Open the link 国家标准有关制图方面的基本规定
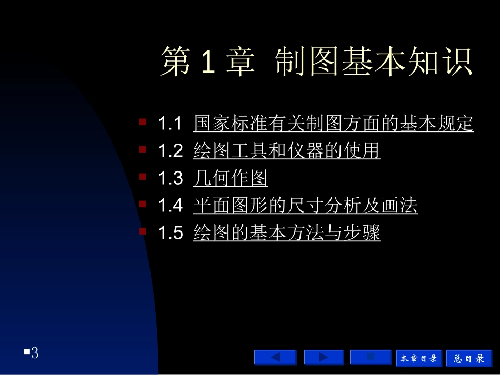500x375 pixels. coord(333,124)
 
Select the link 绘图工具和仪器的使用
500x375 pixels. coord(286,151)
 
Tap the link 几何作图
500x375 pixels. coord(230,179)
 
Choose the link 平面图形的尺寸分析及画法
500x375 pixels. coord(305,206)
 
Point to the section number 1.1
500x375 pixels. coord(170,125)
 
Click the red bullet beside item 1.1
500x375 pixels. coord(143,122)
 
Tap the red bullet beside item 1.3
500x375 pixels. coord(143,177)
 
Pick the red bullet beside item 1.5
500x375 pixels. coord(143,231)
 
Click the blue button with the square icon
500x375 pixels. coord(371,358)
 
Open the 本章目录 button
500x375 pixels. coord(419,358)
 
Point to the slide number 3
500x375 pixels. coord(35,352)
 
